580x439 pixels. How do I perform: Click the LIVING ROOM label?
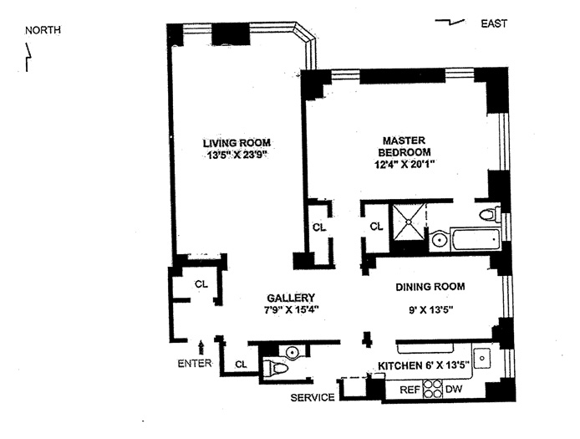coord(237,142)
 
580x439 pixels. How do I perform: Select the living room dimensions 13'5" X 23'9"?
coord(237,155)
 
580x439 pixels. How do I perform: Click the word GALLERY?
coord(290,298)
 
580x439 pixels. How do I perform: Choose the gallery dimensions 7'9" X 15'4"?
coord(290,309)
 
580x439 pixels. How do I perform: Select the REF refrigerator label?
coord(408,389)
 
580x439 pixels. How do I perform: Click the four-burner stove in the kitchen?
coord(432,389)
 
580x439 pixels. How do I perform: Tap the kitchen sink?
coord(482,360)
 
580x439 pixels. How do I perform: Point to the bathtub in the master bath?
coord(473,239)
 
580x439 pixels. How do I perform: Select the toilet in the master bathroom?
coord(490,214)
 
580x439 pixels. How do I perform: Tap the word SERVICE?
coord(313,397)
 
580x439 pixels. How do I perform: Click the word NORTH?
coord(43,31)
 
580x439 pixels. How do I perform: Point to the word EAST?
coord(493,23)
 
